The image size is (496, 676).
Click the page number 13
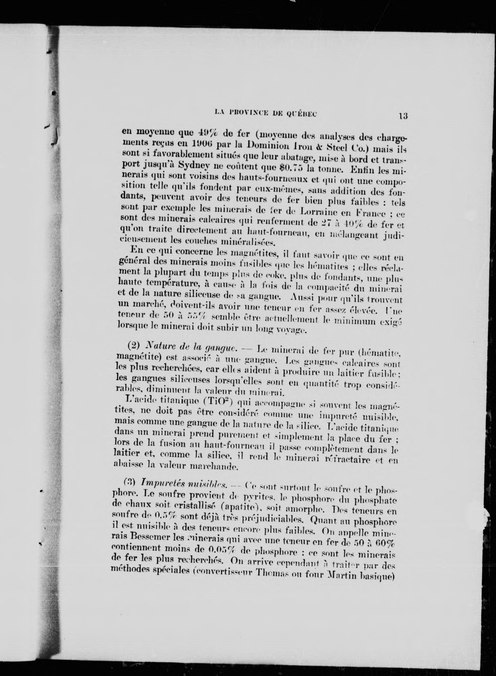[403, 116]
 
